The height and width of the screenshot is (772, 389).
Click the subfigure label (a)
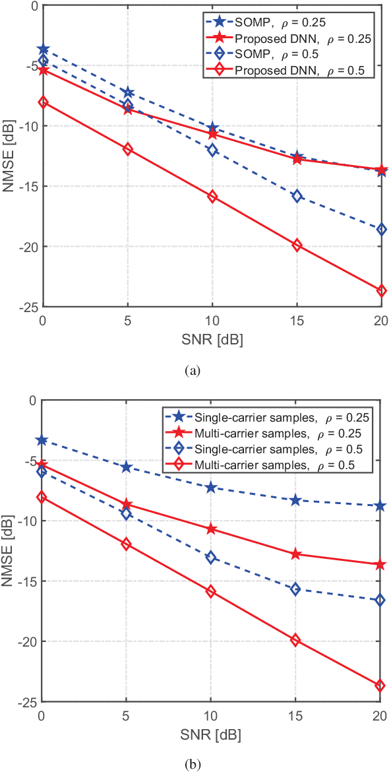[193, 371]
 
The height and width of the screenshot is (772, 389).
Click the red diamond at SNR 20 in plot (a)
[381, 290]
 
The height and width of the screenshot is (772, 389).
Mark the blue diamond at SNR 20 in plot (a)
[381, 230]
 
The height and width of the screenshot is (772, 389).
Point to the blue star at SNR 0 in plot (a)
[44, 49]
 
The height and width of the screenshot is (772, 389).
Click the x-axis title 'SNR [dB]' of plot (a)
[212, 339]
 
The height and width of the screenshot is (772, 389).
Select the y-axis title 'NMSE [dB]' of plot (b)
[9, 550]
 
